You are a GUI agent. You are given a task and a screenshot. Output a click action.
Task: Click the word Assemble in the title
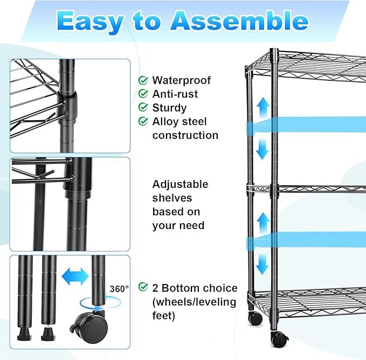(x=239, y=21)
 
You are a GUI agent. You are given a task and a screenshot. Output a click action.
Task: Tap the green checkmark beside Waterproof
(x=143, y=80)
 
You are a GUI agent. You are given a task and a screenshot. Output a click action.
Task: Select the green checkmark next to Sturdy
(x=143, y=108)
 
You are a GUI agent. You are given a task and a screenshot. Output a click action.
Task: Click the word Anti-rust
(x=175, y=94)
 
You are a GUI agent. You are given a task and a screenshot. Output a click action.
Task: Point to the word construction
(x=185, y=135)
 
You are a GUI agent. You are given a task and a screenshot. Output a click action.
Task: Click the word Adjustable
(x=180, y=184)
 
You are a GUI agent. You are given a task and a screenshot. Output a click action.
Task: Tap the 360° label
(x=120, y=289)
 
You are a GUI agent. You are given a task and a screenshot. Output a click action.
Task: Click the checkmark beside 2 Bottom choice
(x=143, y=287)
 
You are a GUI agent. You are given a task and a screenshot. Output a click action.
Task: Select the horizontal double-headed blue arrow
(x=75, y=278)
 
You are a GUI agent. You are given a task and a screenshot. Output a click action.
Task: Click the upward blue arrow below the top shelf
(x=262, y=108)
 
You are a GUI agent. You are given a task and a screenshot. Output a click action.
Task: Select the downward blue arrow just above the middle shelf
(x=262, y=149)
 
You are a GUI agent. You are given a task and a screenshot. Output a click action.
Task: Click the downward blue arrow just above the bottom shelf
(x=262, y=264)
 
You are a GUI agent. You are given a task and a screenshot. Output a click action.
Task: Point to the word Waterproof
(x=181, y=80)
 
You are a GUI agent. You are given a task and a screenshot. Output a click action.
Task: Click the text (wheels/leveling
(x=194, y=302)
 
